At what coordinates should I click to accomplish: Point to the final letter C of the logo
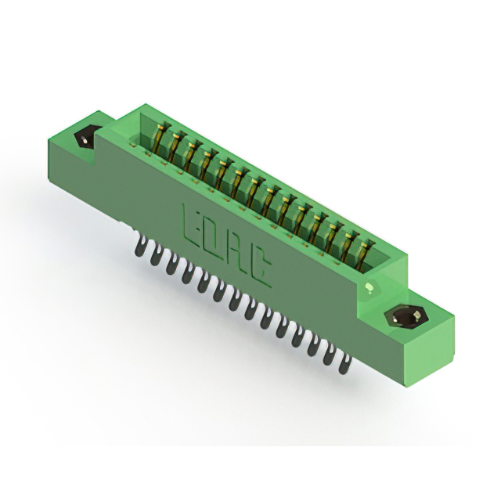click(259, 268)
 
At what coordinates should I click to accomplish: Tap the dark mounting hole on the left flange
click(86, 138)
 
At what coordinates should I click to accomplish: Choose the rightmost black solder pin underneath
click(344, 364)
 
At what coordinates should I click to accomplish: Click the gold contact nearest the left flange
click(160, 138)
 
